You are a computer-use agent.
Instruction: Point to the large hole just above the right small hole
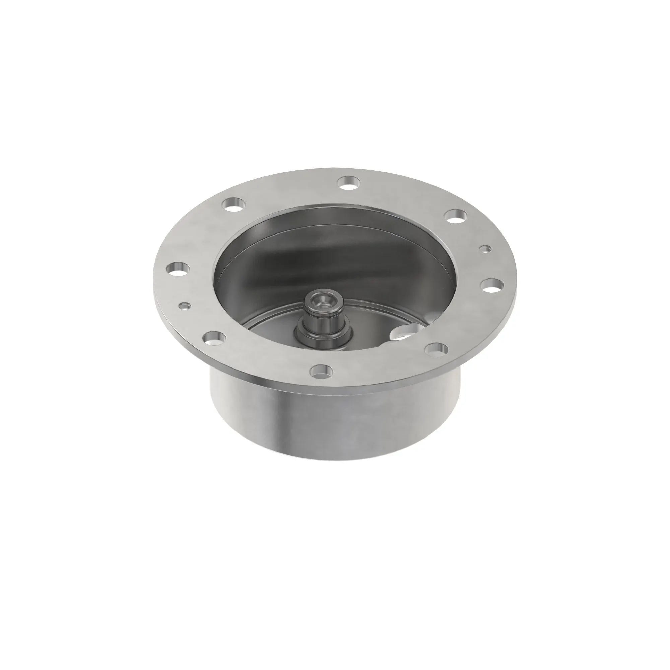pyautogui.click(x=455, y=216)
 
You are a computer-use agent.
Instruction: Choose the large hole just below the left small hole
pyautogui.click(x=213, y=338)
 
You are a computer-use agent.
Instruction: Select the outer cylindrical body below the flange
pyautogui.click(x=333, y=420)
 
